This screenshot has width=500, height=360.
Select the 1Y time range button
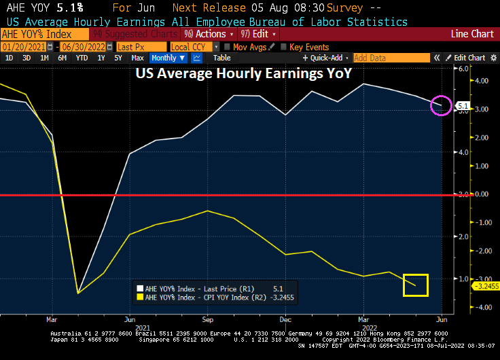[101, 58]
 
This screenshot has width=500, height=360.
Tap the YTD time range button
[82, 58]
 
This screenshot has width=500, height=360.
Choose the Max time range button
[137, 58]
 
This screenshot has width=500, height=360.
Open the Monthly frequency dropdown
[168, 58]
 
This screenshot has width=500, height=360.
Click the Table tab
[221, 58]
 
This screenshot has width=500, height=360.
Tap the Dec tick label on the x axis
[285, 319]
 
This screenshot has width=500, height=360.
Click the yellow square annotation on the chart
[415, 285]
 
